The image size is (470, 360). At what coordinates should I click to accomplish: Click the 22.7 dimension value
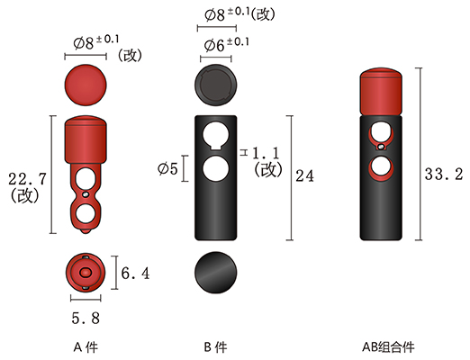pyautogui.click(x=27, y=179)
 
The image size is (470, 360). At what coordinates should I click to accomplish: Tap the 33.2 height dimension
pyautogui.click(x=444, y=175)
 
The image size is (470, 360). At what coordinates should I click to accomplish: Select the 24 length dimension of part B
pyautogui.click(x=304, y=175)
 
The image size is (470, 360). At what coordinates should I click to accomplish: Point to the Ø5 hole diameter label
pyautogui.click(x=167, y=169)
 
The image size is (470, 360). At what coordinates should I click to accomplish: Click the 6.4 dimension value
pyautogui.click(x=135, y=274)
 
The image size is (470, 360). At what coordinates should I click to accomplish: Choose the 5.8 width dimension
pyautogui.click(x=86, y=319)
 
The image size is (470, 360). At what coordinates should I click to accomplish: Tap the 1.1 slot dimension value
pyautogui.click(x=266, y=153)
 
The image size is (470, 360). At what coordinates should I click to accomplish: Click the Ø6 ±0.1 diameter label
pyautogui.click(x=227, y=44)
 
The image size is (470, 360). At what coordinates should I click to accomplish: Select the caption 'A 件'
pyautogui.click(x=86, y=347)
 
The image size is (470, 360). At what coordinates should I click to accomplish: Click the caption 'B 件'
pyautogui.click(x=215, y=347)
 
